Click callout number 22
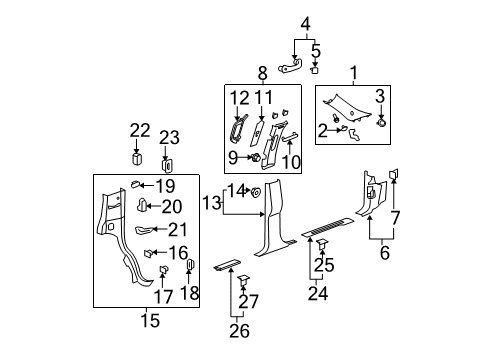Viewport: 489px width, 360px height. click(x=139, y=131)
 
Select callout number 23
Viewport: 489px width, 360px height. click(x=169, y=139)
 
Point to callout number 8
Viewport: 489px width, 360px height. click(x=261, y=73)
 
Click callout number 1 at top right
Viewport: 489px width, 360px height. click(x=352, y=72)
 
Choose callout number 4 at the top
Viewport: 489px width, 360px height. click(x=306, y=24)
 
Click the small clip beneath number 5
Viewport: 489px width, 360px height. click(x=314, y=71)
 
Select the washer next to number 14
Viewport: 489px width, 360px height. click(x=256, y=191)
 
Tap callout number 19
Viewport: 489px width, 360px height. click(x=164, y=186)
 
